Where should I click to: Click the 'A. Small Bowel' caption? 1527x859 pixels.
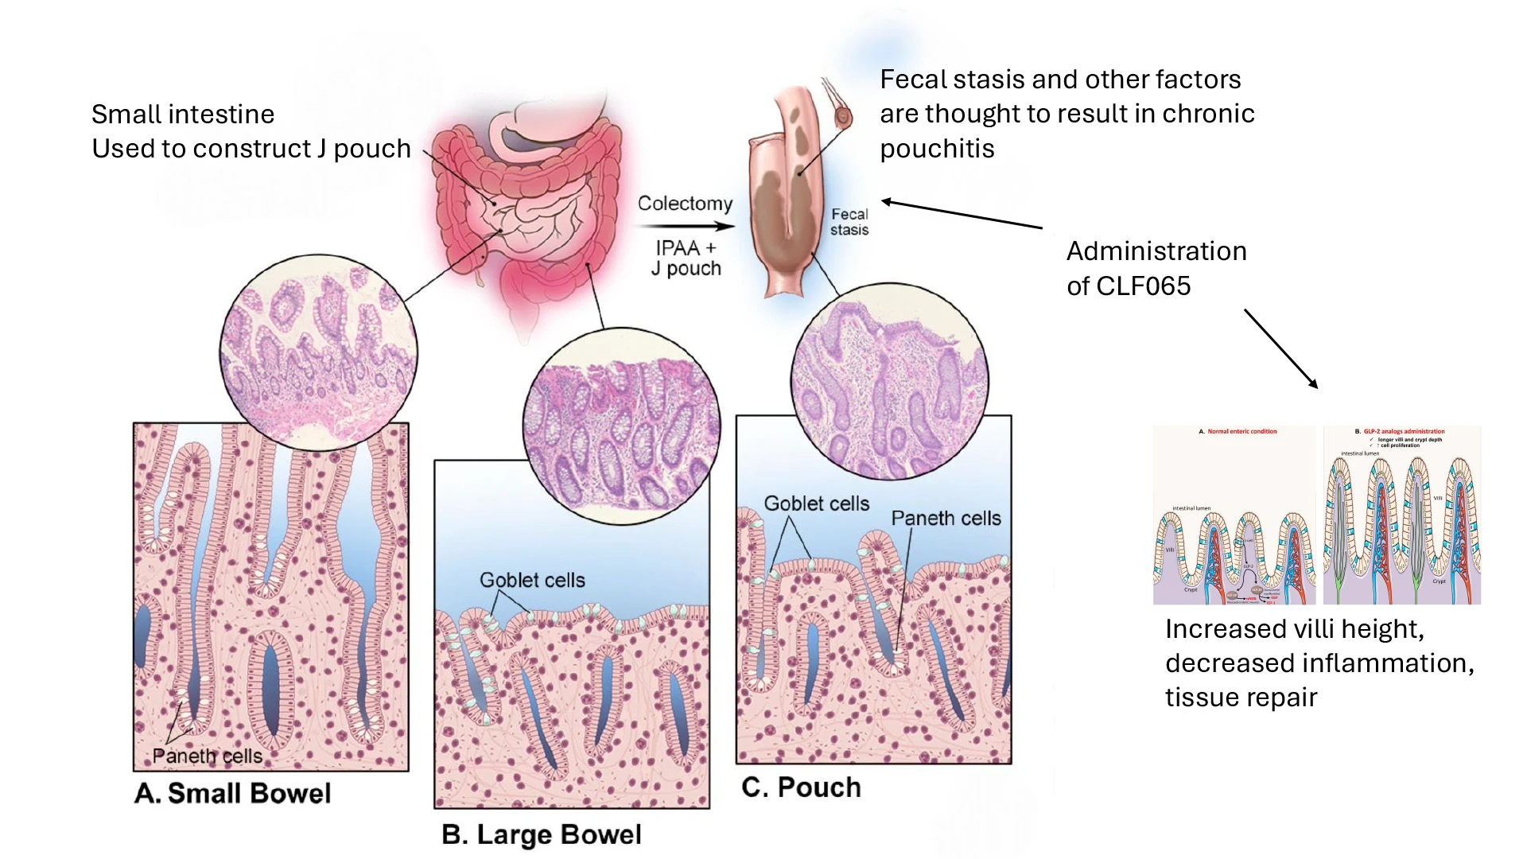(x=232, y=794)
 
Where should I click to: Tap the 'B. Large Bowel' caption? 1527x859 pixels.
(x=541, y=834)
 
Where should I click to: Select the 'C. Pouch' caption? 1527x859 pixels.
(x=801, y=787)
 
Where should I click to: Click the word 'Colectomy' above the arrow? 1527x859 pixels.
(x=685, y=204)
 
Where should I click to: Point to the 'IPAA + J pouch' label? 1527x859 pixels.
(x=686, y=258)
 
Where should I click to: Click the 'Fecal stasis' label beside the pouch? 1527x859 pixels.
(x=849, y=222)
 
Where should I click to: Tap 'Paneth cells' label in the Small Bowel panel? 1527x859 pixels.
(x=207, y=756)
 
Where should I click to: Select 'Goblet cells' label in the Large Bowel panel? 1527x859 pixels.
(x=532, y=580)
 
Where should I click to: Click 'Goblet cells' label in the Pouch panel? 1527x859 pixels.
(x=816, y=503)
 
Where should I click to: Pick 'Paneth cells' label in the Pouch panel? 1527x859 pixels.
(x=946, y=518)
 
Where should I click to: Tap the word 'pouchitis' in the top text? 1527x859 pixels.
(x=937, y=149)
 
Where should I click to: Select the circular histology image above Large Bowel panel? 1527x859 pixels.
(x=621, y=426)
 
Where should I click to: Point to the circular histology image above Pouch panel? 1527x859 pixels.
(x=889, y=381)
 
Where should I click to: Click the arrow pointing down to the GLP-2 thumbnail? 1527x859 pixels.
(x=1281, y=348)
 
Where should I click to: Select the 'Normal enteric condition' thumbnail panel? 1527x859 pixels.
(x=1234, y=515)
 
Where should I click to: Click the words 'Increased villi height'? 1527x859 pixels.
(x=1294, y=629)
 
